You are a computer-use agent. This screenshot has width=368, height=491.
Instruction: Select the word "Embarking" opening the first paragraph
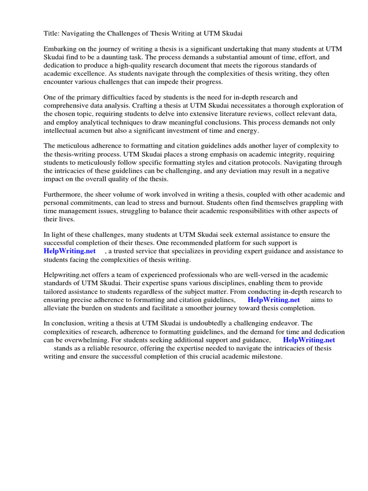(60, 49)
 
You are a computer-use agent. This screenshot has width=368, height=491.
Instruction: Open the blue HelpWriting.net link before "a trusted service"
(69, 251)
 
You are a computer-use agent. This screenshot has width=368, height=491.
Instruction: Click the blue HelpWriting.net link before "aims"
(274, 300)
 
